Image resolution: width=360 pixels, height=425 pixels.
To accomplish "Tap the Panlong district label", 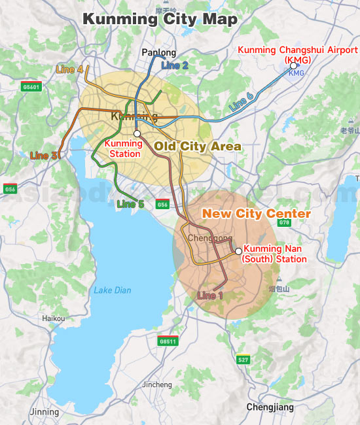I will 159,53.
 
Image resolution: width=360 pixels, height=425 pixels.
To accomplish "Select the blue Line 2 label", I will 175,65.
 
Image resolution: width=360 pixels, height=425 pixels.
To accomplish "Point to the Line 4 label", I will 70,69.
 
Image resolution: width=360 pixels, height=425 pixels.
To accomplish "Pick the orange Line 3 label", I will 44,156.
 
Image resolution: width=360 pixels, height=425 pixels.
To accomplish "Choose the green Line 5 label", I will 130,204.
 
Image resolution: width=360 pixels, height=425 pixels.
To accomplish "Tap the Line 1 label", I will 210,296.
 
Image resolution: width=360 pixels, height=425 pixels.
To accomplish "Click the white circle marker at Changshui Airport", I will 294,65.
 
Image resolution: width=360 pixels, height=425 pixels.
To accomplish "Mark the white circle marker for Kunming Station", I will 137,133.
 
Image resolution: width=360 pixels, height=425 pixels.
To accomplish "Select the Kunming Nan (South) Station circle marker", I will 238,251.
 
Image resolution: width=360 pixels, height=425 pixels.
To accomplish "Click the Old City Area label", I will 198,146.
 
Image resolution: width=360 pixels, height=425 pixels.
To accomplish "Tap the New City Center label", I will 255,214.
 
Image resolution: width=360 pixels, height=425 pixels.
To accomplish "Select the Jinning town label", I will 44,412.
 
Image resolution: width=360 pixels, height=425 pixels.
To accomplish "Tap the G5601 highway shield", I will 30,86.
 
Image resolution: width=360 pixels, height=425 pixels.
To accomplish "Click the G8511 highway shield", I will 168,341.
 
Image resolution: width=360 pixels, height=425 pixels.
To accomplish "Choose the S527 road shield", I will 243,360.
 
